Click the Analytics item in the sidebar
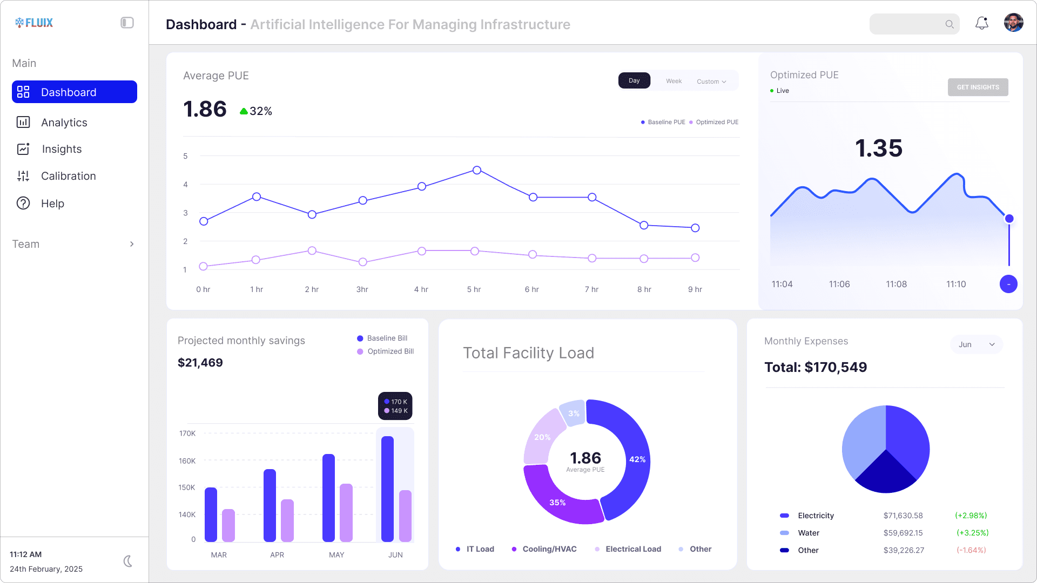(64, 123)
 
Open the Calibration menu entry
(68, 176)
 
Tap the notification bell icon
(981, 23)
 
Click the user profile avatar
(1013, 23)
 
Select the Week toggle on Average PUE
(674, 81)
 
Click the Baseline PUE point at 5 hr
(476, 170)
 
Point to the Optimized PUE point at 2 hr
(312, 250)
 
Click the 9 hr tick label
(695, 289)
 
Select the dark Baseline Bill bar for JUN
(387, 488)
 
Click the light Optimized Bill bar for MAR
(228, 525)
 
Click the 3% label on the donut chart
(574, 413)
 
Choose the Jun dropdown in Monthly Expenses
(976, 344)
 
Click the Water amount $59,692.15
(903, 533)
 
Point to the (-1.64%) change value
(971, 550)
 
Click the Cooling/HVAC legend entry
(549, 549)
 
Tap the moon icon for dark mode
(127, 561)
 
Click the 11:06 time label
(839, 284)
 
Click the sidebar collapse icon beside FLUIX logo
(127, 23)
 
